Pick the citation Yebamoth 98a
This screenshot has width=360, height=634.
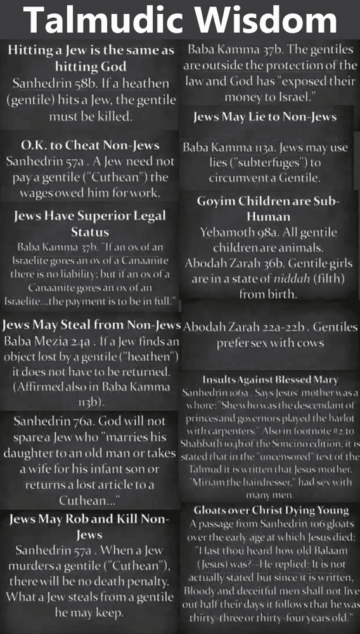pyautogui.click(x=235, y=231)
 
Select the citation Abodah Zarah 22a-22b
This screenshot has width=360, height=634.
pyautogui.click(x=245, y=327)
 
